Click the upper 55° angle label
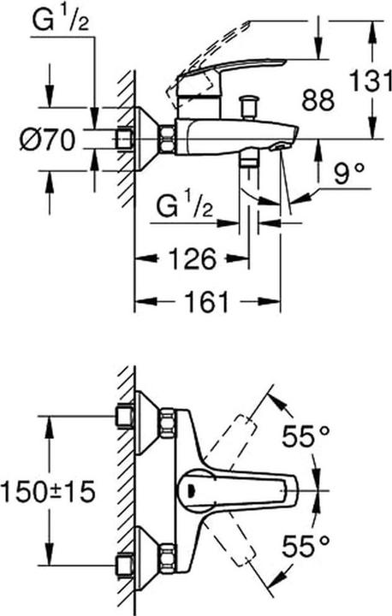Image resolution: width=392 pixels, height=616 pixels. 307,439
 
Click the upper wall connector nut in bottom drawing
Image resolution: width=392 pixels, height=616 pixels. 125,417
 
